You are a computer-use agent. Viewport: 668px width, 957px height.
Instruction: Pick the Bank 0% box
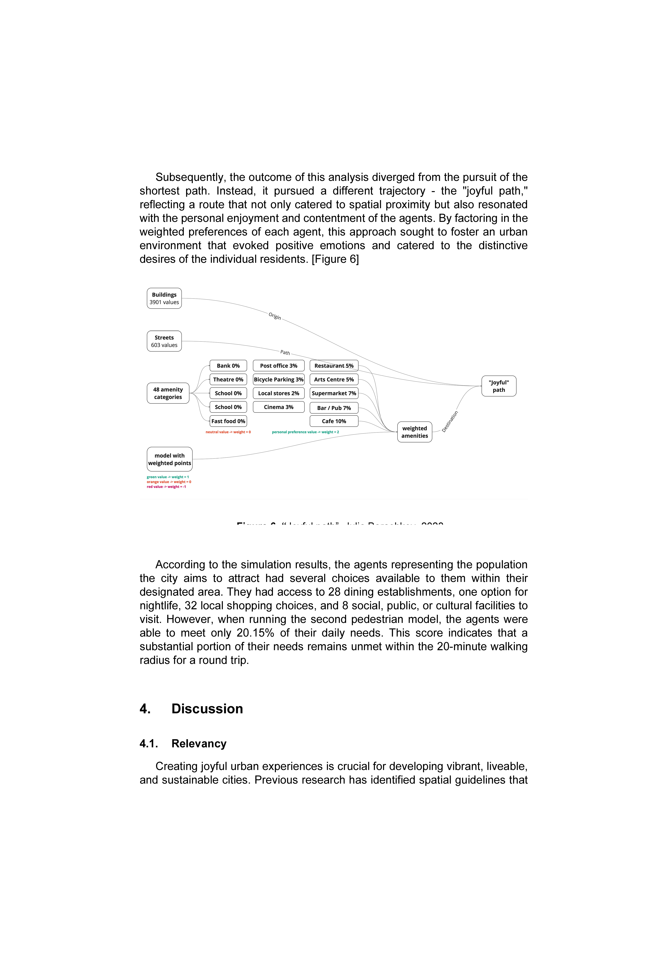(228, 365)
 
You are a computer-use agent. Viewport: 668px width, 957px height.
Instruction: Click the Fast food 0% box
(228, 421)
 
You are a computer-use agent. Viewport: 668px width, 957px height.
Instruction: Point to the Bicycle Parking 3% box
(279, 379)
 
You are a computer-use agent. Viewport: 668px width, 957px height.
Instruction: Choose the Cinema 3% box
(279, 407)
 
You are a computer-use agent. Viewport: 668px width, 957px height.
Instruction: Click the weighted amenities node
(415, 432)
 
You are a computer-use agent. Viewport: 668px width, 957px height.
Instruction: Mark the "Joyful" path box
(499, 386)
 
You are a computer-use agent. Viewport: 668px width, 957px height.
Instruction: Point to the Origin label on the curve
(275, 316)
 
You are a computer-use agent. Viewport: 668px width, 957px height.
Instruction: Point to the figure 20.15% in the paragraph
(255, 633)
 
